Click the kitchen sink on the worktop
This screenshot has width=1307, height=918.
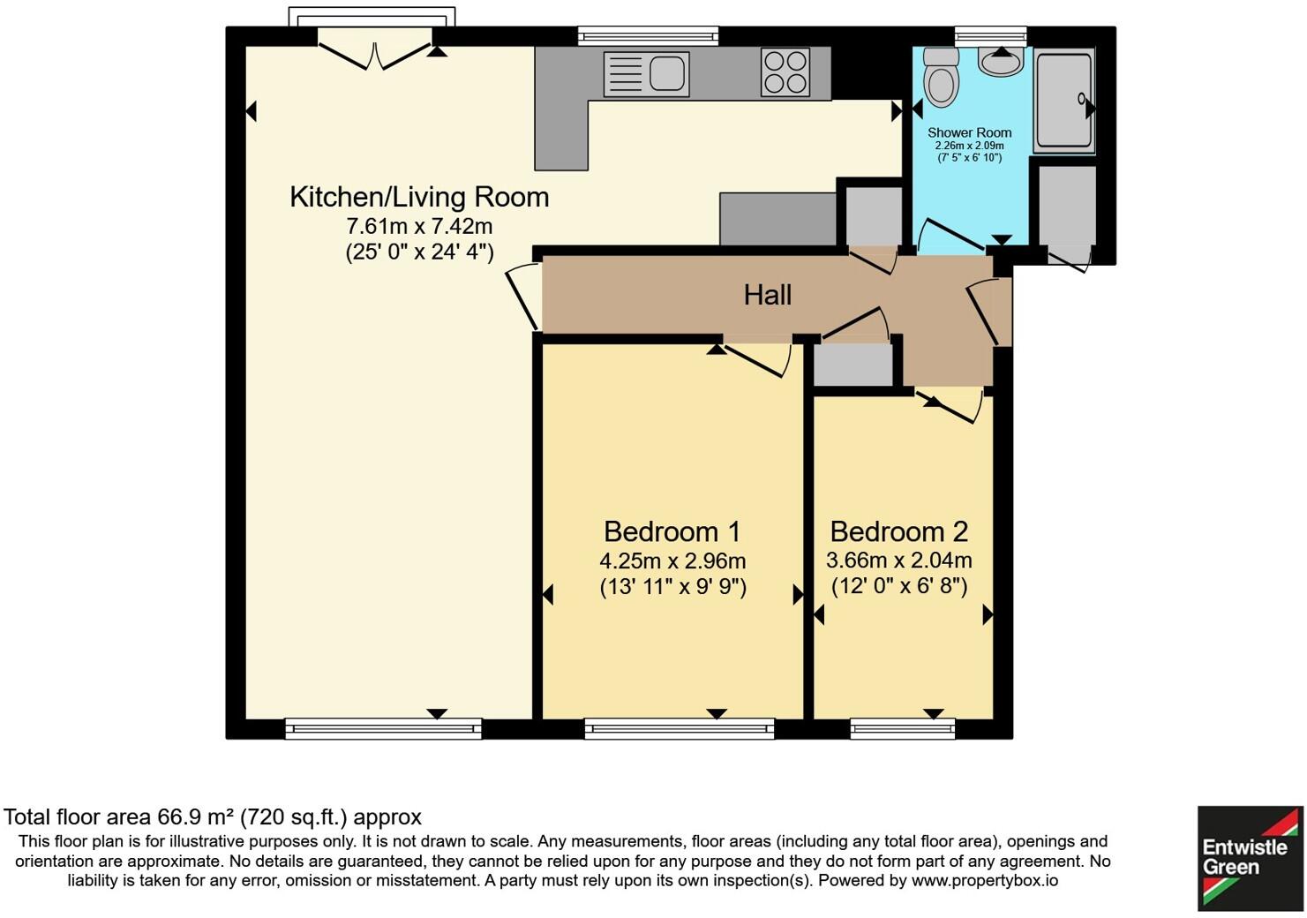click(646, 73)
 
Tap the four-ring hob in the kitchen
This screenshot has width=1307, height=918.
click(785, 72)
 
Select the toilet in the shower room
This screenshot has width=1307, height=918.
click(942, 79)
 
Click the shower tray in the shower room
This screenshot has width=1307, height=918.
click(1063, 101)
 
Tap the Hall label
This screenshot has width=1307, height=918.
click(767, 295)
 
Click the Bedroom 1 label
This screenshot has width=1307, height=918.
click(672, 531)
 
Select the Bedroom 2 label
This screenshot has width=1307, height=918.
click(898, 531)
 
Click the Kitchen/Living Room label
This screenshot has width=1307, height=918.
click(419, 197)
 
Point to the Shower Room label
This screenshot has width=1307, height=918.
click(969, 132)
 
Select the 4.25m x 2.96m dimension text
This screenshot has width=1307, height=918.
click(672, 561)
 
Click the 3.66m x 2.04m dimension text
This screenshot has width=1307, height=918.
click(898, 561)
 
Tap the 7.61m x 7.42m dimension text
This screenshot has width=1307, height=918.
click(419, 226)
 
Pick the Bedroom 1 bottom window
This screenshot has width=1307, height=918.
click(680, 728)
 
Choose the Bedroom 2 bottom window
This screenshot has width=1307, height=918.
click(903, 728)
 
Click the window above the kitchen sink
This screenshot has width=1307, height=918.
click(648, 36)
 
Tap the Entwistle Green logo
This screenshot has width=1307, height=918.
click(1250, 857)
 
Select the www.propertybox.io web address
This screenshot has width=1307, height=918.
click(984, 881)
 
